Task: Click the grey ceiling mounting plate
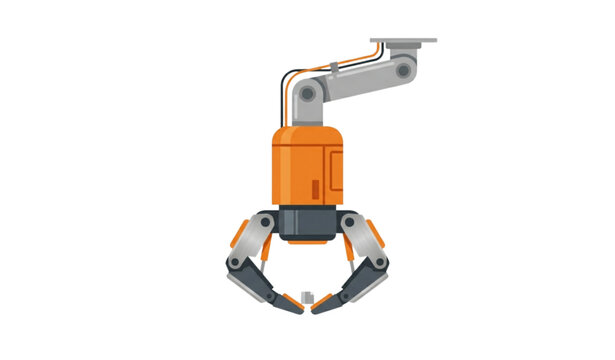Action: [403, 42]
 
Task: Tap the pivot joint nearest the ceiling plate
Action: [403, 70]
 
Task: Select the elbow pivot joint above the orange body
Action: [308, 95]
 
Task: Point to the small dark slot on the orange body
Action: [317, 188]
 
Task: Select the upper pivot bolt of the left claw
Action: [267, 221]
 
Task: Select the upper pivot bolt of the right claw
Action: [350, 221]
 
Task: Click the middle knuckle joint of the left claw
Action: [236, 261]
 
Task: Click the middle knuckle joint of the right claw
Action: [381, 261]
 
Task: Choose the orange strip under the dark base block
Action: [308, 240]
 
